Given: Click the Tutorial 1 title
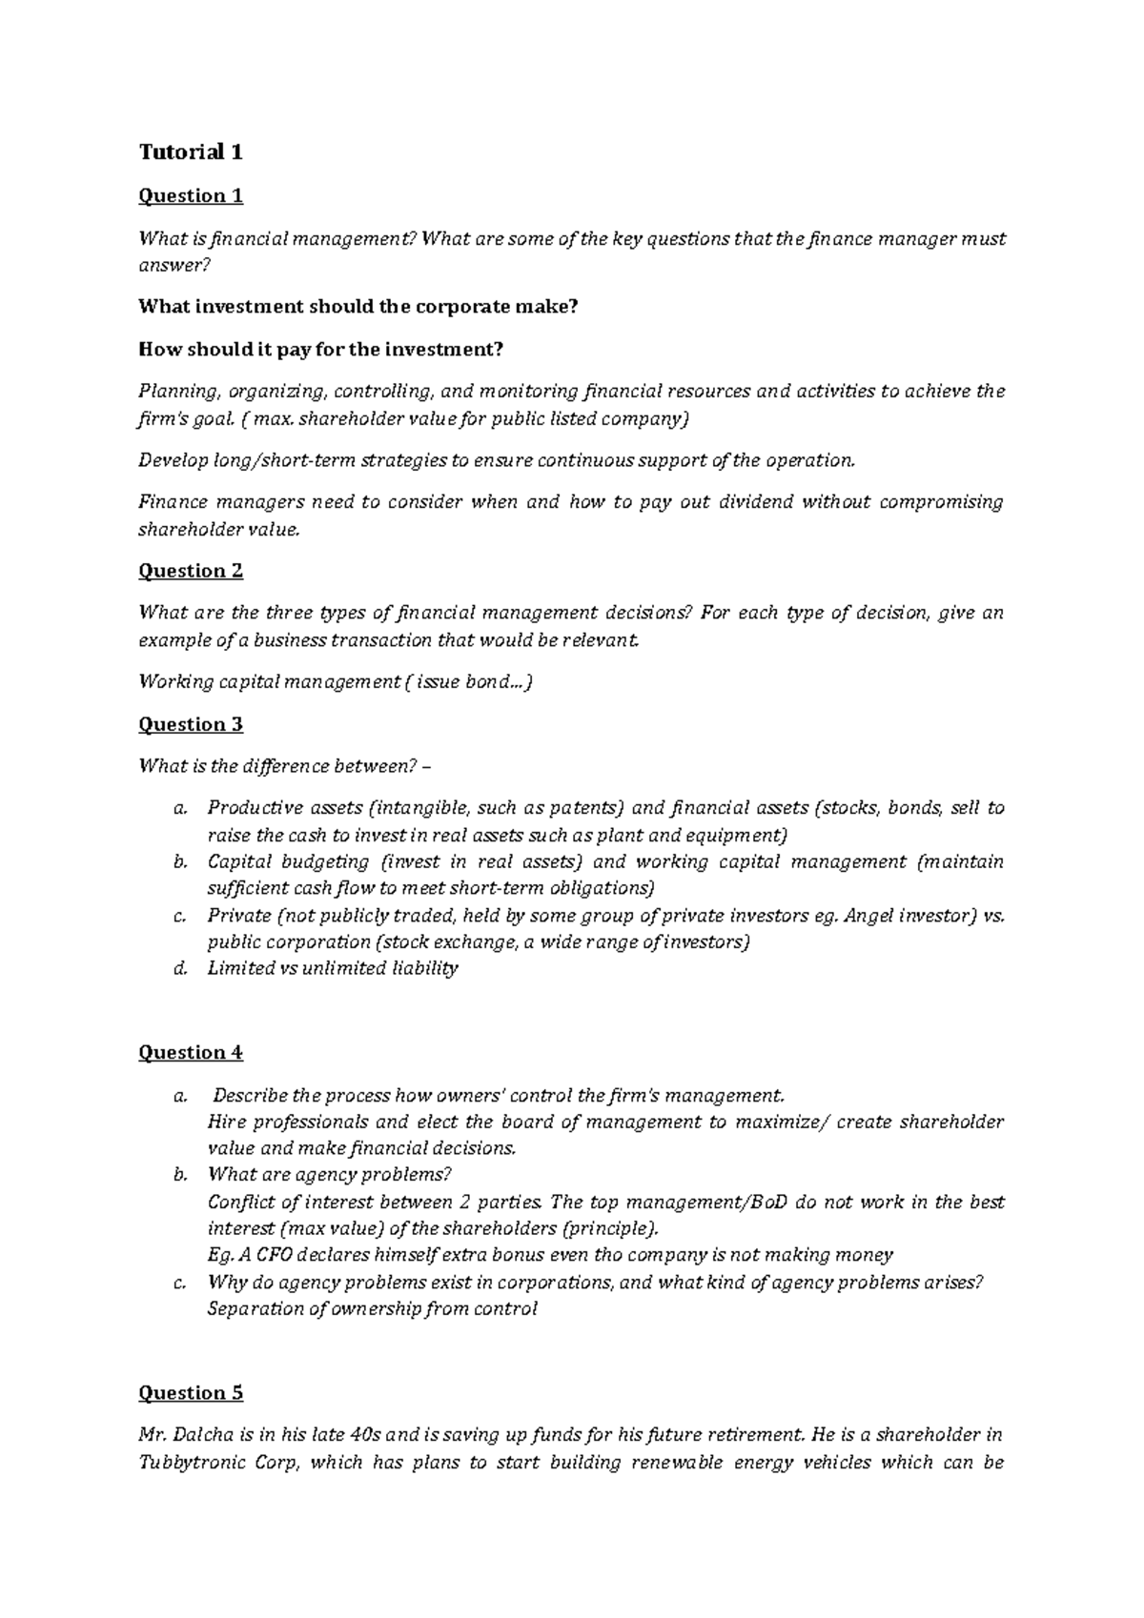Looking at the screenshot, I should click(191, 152).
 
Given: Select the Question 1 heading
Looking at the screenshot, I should click(191, 196).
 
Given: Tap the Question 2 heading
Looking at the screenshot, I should click(191, 571).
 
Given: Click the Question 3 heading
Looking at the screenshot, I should click(191, 724).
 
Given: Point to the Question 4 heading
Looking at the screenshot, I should click(191, 1052).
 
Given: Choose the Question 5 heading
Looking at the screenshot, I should click(191, 1393).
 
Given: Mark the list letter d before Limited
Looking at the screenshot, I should click(178, 968).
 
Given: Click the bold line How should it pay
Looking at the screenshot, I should click(319, 350).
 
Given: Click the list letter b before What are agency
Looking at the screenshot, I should click(178, 1175).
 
